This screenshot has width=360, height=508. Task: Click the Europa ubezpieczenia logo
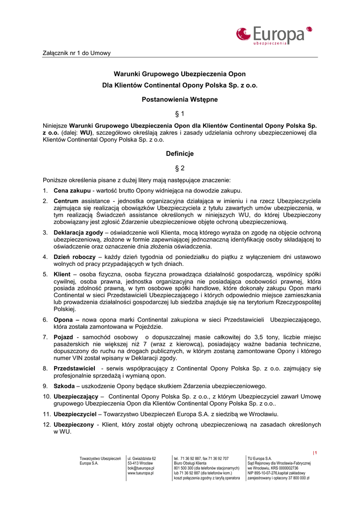click(x=274, y=35)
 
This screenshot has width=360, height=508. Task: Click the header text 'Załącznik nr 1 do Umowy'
click(x=76, y=53)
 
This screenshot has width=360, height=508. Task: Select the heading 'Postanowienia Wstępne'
click(x=180, y=99)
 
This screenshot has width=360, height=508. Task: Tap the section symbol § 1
click(x=180, y=114)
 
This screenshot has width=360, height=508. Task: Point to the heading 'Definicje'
click(x=180, y=154)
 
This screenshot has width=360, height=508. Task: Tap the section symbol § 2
click(x=180, y=168)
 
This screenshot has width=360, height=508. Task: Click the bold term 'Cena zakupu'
click(x=72, y=190)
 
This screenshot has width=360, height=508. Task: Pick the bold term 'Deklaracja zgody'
click(x=78, y=233)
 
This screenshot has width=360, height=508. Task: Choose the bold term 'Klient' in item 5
click(x=62, y=274)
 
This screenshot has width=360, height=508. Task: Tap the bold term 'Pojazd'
click(x=64, y=337)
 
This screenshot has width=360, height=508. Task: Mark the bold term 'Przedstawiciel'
click(x=74, y=369)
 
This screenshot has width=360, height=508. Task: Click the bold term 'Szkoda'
click(x=64, y=386)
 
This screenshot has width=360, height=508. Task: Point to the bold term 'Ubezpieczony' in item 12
click(x=73, y=425)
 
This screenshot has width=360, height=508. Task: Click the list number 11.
click(x=46, y=414)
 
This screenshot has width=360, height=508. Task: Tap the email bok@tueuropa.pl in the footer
click(x=141, y=468)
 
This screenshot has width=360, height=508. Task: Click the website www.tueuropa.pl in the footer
click(x=141, y=473)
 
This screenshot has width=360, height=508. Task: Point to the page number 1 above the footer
click(x=315, y=452)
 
